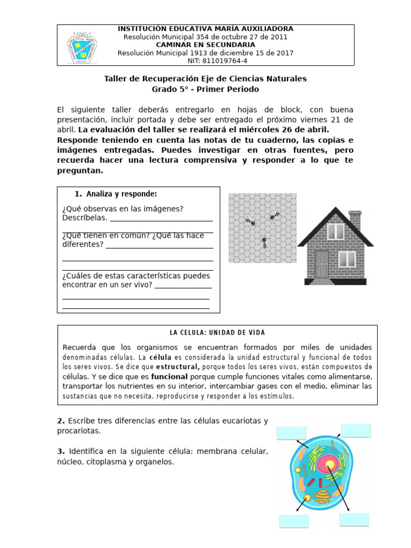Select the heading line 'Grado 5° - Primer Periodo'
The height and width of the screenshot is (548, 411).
pyautogui.click(x=205, y=89)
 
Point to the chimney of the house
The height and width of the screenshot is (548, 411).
pyautogui.click(x=355, y=219)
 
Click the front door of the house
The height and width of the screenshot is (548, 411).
pyautogui.click(x=322, y=264)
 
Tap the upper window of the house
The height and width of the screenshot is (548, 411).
pyautogui.click(x=336, y=231)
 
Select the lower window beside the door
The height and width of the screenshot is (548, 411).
pyautogui.click(x=347, y=259)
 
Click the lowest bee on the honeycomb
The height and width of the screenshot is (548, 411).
pyautogui.click(x=264, y=242)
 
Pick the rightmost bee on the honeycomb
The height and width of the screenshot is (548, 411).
pyautogui.click(x=275, y=216)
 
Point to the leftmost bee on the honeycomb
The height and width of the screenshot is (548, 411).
pyautogui.click(x=250, y=221)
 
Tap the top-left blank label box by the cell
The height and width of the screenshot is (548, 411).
pyautogui.click(x=291, y=433)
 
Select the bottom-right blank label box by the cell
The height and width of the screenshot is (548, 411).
pyautogui.click(x=354, y=520)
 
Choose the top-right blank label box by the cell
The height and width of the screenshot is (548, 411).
pyautogui.click(x=356, y=431)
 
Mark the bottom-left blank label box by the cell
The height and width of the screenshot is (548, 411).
pyautogui.click(x=294, y=521)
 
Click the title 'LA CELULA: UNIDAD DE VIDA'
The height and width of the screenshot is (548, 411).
pyautogui.click(x=217, y=332)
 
